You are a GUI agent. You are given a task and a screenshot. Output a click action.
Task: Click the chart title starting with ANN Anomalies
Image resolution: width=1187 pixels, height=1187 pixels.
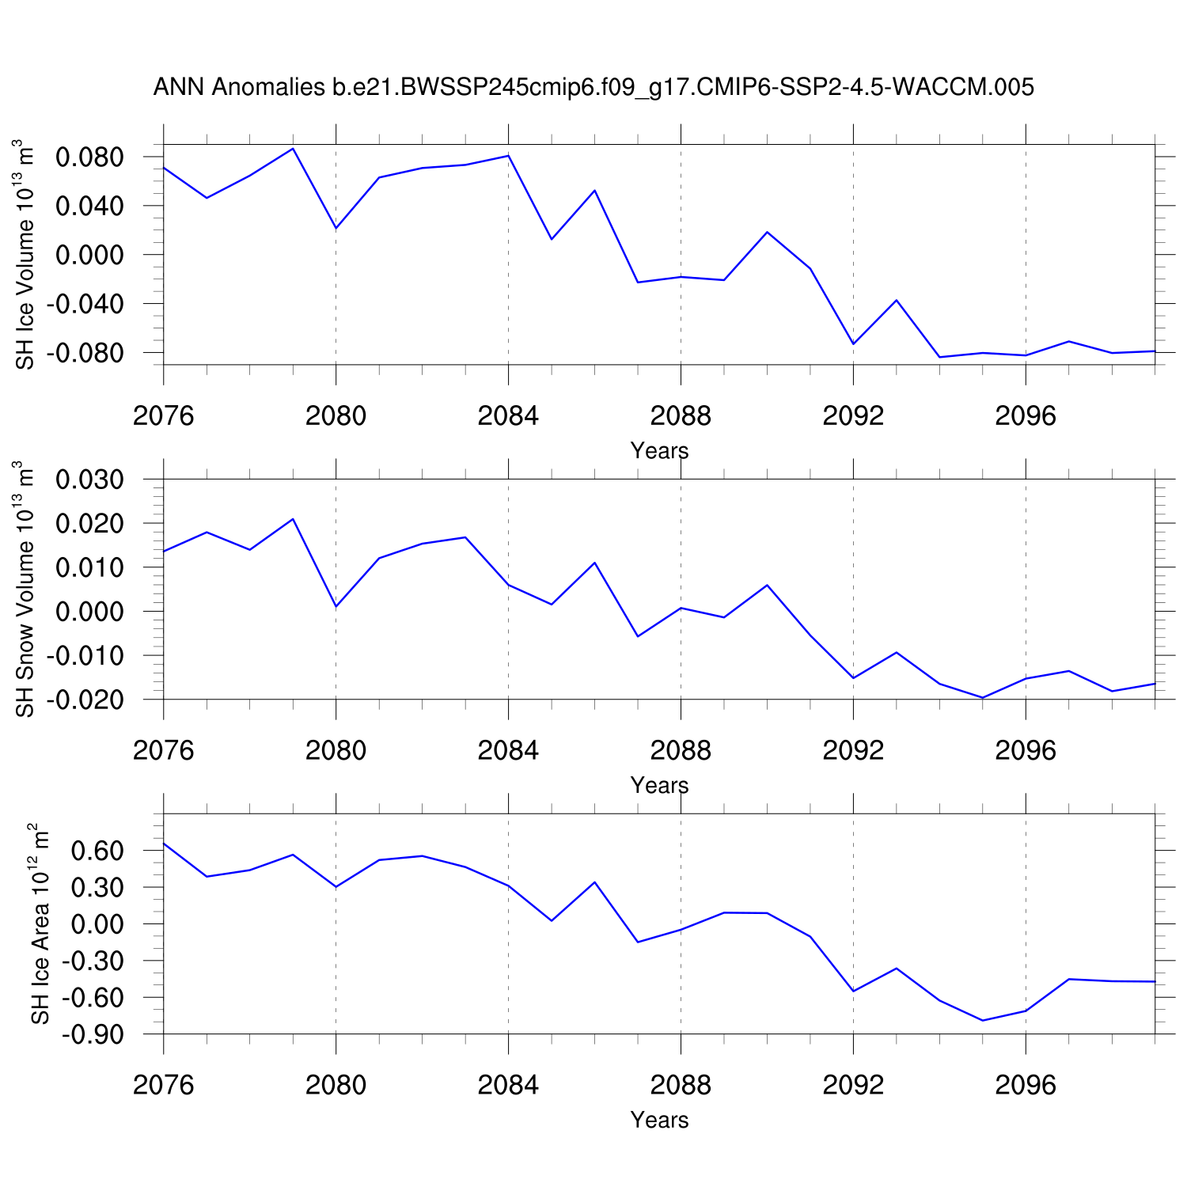click(593, 87)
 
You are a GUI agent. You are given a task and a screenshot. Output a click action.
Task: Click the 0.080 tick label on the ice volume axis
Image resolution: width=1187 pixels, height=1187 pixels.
click(89, 157)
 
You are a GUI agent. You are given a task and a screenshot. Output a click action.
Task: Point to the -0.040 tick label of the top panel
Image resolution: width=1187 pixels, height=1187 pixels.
click(85, 304)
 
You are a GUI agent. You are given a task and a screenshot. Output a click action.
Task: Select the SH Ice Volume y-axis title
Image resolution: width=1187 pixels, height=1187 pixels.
click(25, 255)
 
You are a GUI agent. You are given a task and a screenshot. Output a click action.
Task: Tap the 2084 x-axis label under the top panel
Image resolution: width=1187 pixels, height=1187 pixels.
click(508, 416)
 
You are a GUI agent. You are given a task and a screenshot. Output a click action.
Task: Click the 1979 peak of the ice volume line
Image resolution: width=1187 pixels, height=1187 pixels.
click(293, 149)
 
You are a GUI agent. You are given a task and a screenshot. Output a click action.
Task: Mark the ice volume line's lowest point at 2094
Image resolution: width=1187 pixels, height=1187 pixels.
click(939, 357)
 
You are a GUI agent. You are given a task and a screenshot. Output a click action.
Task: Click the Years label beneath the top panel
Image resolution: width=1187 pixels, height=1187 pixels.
click(659, 451)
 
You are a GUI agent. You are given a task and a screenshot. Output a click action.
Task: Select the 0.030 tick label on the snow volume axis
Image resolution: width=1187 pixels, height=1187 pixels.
click(89, 480)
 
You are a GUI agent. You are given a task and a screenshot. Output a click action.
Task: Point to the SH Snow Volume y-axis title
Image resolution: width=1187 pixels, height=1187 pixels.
click(25, 590)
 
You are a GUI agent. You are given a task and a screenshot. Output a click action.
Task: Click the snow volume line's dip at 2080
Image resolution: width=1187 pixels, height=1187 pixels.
click(336, 606)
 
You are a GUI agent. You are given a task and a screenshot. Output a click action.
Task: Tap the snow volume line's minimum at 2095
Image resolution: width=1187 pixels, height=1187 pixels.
click(983, 698)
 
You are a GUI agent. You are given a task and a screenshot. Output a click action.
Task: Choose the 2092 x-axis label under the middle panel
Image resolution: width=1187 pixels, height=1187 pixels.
click(853, 751)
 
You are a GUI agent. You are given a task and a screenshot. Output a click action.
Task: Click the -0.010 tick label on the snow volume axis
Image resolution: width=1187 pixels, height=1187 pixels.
click(85, 656)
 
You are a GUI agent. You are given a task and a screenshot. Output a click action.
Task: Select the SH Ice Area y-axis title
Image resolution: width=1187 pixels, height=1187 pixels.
click(40, 923)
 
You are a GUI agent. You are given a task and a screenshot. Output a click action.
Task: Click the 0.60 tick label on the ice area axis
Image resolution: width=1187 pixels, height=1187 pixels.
click(97, 851)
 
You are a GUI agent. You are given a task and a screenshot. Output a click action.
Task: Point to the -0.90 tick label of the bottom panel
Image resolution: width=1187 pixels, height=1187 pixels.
click(93, 1034)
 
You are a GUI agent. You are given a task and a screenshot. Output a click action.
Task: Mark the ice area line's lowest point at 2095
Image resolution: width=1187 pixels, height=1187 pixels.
click(983, 1020)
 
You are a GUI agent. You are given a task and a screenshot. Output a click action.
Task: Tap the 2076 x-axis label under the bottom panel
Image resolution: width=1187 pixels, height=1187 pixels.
click(164, 1085)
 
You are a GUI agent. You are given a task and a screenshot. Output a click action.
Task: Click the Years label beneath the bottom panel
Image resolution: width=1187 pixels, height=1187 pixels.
click(659, 1121)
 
